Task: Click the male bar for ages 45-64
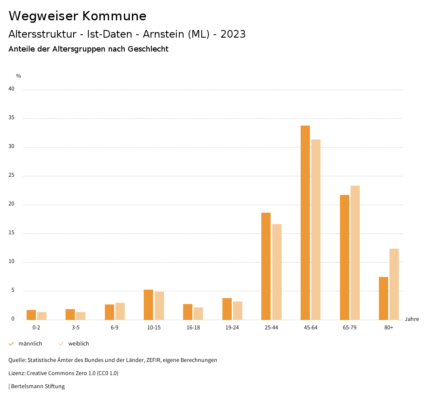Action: [305, 222]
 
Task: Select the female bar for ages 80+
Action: [394, 284]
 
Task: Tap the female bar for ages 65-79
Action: [355, 252]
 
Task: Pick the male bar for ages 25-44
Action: [266, 266]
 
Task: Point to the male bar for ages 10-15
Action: [148, 304]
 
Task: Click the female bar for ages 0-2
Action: [42, 316]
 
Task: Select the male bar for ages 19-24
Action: [227, 309]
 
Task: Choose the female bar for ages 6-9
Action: [120, 311]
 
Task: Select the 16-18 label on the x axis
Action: [193, 328]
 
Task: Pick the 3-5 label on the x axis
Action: [76, 328]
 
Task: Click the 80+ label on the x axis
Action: [389, 328]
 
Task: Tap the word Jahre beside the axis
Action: [412, 319]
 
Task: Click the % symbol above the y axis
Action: [19, 76]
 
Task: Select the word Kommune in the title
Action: [114, 16]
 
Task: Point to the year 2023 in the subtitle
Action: [233, 34]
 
